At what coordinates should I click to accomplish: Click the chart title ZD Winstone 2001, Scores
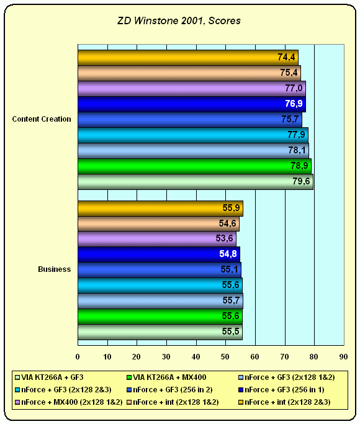pyautogui.click(x=179, y=21)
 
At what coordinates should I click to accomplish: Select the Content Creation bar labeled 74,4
pyautogui.click(x=188, y=58)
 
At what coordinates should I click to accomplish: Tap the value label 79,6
pyautogui.click(x=302, y=181)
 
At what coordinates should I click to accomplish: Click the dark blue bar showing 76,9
pyautogui.click(x=192, y=104)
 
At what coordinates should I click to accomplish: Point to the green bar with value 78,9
pyautogui.click(x=195, y=166)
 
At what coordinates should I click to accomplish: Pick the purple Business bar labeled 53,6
pyautogui.click(x=157, y=239)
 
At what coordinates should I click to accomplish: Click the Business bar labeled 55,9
pyautogui.click(x=161, y=209)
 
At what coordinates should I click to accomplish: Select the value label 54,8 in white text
pyautogui.click(x=228, y=254)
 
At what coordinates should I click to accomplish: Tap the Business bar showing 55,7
pyautogui.click(x=161, y=301)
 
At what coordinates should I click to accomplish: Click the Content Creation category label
pyautogui.click(x=42, y=119)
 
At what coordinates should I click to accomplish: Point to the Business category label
pyautogui.click(x=55, y=269)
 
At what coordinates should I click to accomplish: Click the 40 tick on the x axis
pyautogui.click(x=196, y=357)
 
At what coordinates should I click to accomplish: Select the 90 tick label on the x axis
pyautogui.click(x=343, y=357)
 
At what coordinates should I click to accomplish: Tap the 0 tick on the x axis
pyautogui.click(x=78, y=357)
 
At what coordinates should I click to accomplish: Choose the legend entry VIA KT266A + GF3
pyautogui.click(x=50, y=377)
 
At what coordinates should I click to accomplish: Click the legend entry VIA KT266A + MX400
pyautogui.click(x=167, y=377)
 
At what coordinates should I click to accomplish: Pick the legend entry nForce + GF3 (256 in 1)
pyautogui.click(x=282, y=390)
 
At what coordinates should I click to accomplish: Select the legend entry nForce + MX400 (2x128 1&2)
pyautogui.click(x=69, y=402)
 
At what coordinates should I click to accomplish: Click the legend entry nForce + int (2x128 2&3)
pyautogui.click(x=285, y=402)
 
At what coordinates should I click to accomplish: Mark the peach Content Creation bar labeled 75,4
pyautogui.click(x=189, y=73)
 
